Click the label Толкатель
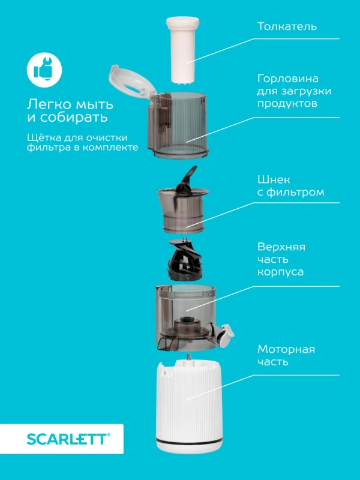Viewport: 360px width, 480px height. tap(287, 27)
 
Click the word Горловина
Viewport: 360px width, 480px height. tap(285, 79)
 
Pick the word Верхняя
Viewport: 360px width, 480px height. tap(281, 247)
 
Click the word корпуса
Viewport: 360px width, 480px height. tap(280, 272)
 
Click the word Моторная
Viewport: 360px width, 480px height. tap(286, 349)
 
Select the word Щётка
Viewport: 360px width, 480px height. tap(44, 135)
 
